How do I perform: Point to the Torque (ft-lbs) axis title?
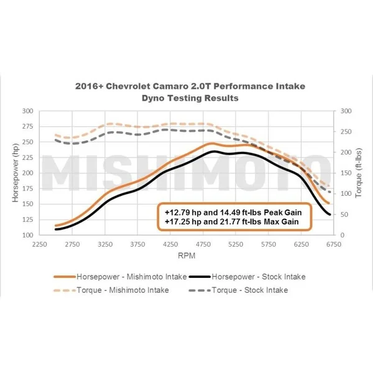click(x=359, y=172)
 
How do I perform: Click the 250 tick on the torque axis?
click(x=346, y=131)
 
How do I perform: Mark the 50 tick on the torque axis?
click(x=344, y=214)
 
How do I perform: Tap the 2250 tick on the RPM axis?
click(x=40, y=244)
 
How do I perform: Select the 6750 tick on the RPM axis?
click(x=334, y=244)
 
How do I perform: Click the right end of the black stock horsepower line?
click(x=329, y=215)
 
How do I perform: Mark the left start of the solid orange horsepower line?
click(x=56, y=226)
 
